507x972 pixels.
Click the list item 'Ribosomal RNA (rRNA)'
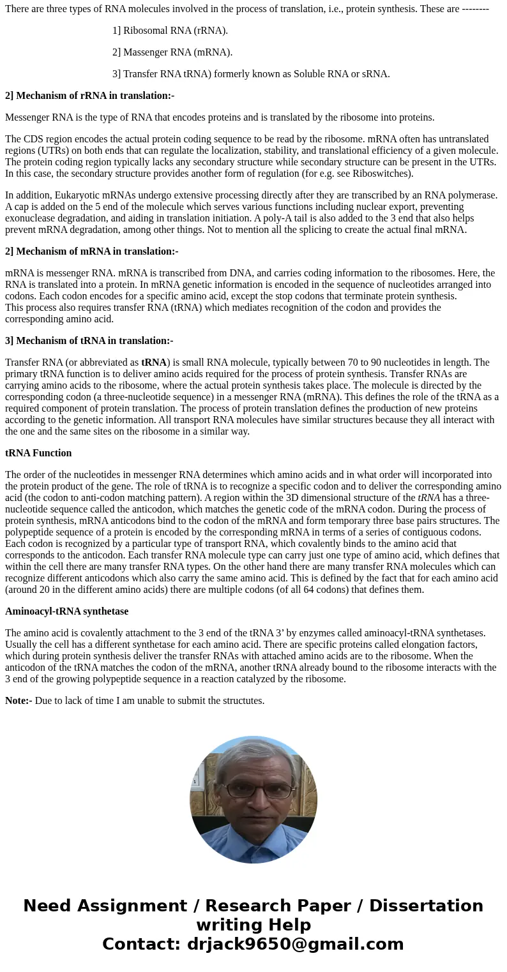coord(170,31)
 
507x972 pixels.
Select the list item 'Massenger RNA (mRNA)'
coord(172,52)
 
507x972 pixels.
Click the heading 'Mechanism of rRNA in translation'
coord(89,96)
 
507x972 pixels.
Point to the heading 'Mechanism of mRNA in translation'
coord(91,251)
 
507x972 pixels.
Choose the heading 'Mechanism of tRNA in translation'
coord(89,341)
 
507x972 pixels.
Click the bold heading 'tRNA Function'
coord(38,453)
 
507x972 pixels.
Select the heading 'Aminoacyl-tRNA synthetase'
coord(66,611)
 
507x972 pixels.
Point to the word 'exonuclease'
coord(32,218)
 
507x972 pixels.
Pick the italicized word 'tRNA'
coord(428,498)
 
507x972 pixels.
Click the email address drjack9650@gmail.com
coord(295,944)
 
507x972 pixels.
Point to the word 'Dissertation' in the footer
coord(426,906)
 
